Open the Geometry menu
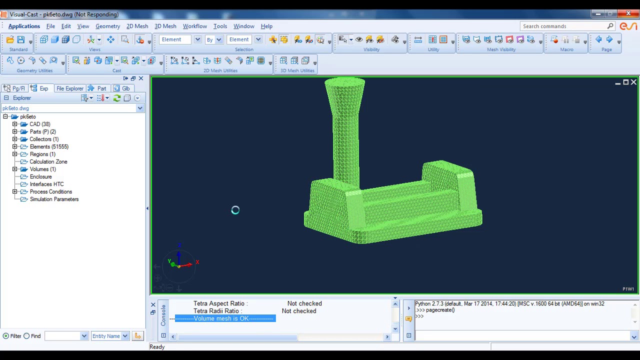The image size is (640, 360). point(107,26)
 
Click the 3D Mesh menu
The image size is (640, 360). point(165,26)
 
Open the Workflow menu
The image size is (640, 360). point(195,26)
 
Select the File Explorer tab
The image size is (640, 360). point(69,88)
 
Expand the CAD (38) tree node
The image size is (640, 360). point(14,124)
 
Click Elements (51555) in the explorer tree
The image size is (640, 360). point(49,146)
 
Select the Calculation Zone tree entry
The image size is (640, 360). point(48,161)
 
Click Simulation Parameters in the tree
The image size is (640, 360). point(54,199)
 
